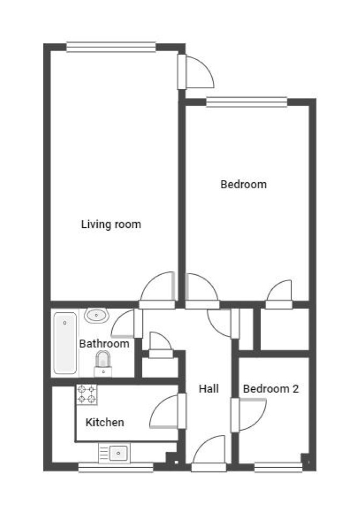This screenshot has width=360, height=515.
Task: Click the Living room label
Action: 111,224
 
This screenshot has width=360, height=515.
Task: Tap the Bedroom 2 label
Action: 271,389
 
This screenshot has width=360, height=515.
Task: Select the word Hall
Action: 208,389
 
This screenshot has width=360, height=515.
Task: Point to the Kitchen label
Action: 105,423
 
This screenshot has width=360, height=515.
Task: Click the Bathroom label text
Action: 104,344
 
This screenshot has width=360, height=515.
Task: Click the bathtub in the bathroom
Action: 66,343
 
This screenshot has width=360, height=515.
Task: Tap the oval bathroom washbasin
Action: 97,316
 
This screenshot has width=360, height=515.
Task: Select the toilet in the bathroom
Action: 103,364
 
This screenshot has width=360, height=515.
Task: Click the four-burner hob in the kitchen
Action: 87,395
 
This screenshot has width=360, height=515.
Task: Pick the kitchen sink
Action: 114,453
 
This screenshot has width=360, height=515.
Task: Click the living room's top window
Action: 111,47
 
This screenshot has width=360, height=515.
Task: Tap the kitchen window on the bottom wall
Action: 116,467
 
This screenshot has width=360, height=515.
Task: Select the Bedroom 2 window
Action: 278,467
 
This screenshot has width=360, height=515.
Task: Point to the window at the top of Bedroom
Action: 247,102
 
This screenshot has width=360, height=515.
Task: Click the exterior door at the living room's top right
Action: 196,71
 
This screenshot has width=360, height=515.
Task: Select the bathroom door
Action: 127,324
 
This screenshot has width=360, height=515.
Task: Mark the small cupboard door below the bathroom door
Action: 161,345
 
